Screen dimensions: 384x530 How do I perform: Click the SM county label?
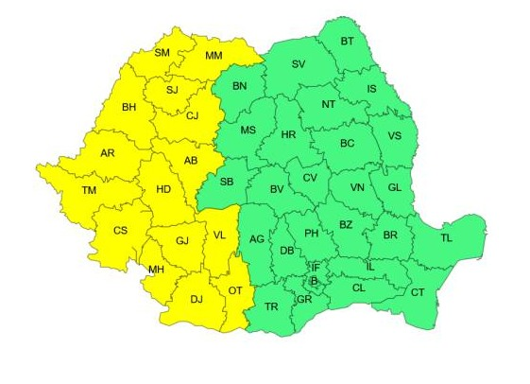click(x=162, y=52)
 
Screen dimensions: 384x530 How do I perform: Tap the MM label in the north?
click(x=214, y=57)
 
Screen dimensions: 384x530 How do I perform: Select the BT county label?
click(x=347, y=41)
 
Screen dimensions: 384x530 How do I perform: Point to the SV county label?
click(x=299, y=64)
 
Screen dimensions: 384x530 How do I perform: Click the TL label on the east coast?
click(x=446, y=237)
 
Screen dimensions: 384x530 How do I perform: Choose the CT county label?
click(x=418, y=292)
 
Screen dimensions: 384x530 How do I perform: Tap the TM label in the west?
click(x=89, y=191)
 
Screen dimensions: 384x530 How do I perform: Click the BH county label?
click(x=130, y=107)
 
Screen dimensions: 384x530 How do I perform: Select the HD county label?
click(x=163, y=189)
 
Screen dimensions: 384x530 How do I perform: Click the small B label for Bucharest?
click(x=315, y=281)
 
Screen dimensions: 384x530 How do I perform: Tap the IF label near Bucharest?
click(x=315, y=267)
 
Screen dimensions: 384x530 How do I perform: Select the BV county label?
click(x=277, y=190)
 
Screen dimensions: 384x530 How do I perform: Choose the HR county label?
click(x=289, y=136)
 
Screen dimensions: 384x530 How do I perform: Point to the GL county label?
click(x=394, y=187)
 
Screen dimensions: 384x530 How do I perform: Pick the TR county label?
click(x=271, y=306)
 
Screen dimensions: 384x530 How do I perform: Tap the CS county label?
click(x=120, y=230)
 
